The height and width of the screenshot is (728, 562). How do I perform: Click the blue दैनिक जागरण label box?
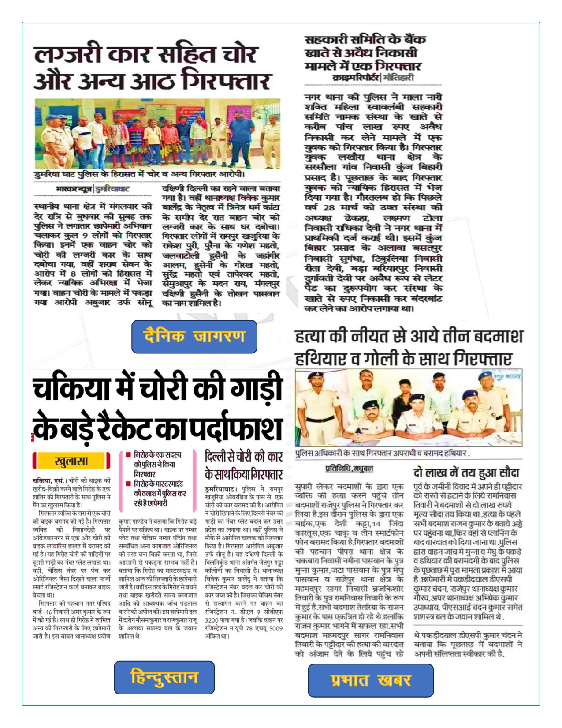pos(194,337)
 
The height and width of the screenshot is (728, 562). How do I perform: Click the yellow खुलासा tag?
pos(71,462)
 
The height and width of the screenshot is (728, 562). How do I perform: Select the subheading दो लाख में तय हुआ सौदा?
pos(466,473)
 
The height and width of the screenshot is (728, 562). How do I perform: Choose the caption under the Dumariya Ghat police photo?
pos(140,175)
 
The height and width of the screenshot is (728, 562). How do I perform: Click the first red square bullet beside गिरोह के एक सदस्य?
pos(128,454)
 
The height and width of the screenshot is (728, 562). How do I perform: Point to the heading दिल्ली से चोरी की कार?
pos(243,456)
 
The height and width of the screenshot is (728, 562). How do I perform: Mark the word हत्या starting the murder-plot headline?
pos(313,338)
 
